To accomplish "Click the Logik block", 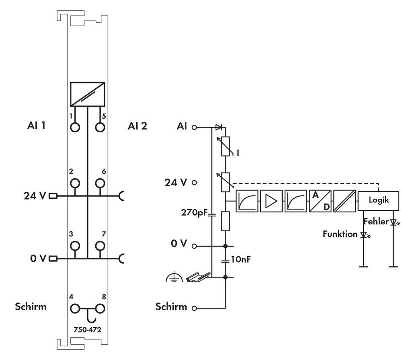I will pyautogui.click(x=379, y=200).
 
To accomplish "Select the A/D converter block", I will pyautogui.click(x=320, y=201).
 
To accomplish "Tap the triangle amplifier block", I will pyautogui.click(x=271, y=201).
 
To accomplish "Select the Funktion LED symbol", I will pyautogui.click(x=364, y=235).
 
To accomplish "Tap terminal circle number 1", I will pyautogui.click(x=75, y=127).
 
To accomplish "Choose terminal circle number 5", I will pyautogui.click(x=100, y=127).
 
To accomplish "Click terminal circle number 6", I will pyautogui.click(x=100, y=183).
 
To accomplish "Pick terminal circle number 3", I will pyautogui.click(x=75, y=246).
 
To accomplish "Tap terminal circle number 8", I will pyautogui.click(x=100, y=309).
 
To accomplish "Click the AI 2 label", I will pyautogui.click(x=137, y=126).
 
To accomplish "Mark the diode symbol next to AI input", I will pyautogui.click(x=218, y=128).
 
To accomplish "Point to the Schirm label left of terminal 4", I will pyautogui.click(x=31, y=307).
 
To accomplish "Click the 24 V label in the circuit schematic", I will pyautogui.click(x=176, y=183).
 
